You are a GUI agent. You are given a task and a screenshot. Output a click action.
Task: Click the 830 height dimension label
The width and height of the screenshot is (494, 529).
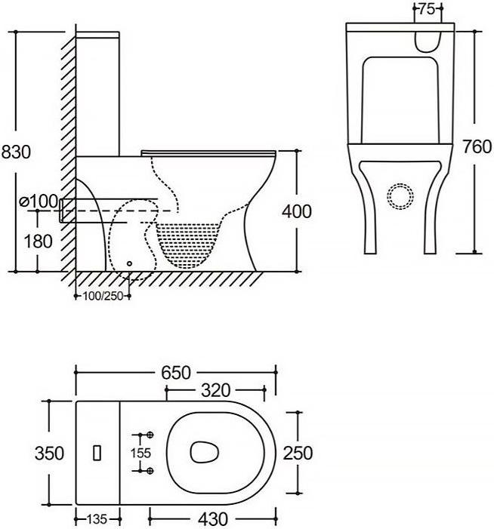point(16,152)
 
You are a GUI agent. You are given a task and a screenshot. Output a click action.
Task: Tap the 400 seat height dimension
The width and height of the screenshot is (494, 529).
point(297,212)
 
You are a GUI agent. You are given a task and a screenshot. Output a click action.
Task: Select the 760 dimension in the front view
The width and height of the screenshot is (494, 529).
point(477,146)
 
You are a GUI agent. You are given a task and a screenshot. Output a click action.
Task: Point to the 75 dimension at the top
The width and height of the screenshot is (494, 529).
point(427,9)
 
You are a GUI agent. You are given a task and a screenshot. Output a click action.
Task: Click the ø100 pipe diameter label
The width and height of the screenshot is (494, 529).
point(39,201)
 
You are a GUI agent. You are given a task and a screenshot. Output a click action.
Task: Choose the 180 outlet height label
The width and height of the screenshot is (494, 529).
point(39,241)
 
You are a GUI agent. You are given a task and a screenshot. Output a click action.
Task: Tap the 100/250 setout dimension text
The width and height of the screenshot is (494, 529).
point(103,297)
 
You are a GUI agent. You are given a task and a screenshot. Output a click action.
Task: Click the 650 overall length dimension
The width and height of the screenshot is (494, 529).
point(176,373)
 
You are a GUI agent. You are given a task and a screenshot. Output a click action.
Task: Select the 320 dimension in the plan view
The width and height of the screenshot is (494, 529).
point(216,391)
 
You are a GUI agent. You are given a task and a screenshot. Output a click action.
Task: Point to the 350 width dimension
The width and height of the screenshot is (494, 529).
point(49,454)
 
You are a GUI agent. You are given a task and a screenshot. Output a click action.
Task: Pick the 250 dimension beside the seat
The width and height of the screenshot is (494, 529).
point(298,453)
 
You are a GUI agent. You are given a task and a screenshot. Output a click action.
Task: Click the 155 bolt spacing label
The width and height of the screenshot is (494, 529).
point(140,453)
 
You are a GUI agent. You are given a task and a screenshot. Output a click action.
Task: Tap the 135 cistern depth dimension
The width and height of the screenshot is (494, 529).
point(97,519)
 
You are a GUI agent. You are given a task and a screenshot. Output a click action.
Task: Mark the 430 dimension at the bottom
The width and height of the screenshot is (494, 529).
point(213,519)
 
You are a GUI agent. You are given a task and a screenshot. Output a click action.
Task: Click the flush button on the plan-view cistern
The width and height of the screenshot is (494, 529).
point(97,453)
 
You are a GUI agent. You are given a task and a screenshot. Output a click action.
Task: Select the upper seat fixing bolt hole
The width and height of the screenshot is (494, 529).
point(150,435)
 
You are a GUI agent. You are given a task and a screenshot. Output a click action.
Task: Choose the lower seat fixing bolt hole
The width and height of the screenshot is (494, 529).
point(150,471)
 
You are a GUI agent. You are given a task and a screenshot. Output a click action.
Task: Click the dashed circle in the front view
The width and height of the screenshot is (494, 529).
point(400,196)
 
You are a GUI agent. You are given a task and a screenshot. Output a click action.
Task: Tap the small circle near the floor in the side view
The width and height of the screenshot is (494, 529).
point(129,263)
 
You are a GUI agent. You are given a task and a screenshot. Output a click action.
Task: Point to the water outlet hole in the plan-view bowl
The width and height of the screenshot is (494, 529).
point(204,451)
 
